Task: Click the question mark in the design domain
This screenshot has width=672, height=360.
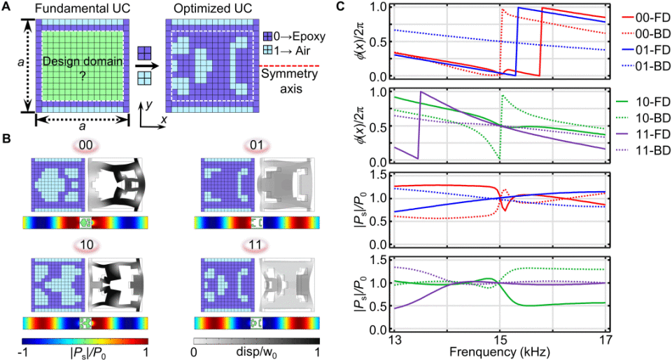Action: [81, 79]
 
